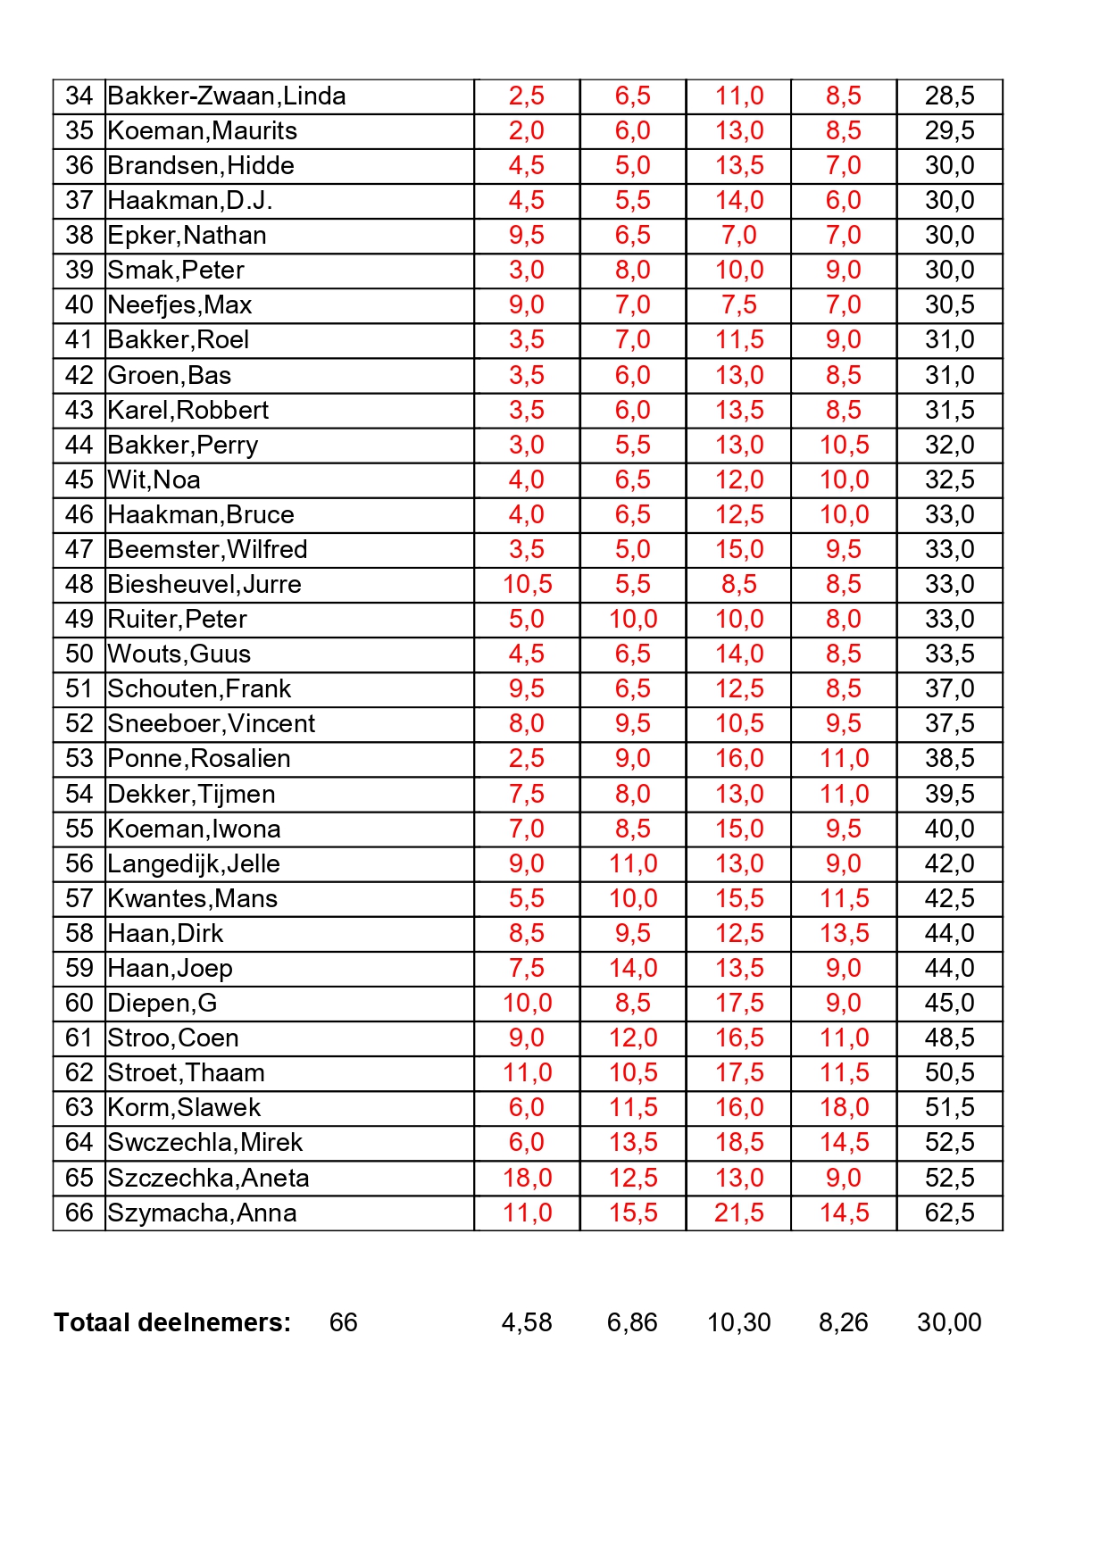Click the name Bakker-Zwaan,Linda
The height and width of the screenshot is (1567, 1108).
(226, 96)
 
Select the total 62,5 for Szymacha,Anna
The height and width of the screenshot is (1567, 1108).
(949, 1213)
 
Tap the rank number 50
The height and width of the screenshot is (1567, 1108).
(79, 654)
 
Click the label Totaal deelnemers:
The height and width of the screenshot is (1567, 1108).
(172, 1322)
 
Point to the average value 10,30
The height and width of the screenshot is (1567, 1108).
(738, 1322)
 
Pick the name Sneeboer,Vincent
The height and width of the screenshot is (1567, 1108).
(211, 724)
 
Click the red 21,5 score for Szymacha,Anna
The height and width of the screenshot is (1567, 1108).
(738, 1213)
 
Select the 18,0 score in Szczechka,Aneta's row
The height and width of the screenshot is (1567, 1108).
(527, 1179)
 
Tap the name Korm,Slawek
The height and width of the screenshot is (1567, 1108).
(184, 1108)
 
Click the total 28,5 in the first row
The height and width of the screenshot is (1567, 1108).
(949, 96)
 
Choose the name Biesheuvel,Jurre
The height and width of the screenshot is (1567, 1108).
(204, 585)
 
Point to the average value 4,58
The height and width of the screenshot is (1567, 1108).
(527, 1322)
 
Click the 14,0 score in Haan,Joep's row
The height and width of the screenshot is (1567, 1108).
(632, 969)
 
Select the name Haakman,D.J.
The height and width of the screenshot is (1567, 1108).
(189, 201)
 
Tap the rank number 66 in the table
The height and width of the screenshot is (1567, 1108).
(79, 1213)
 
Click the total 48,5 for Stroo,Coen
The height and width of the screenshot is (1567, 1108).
(949, 1038)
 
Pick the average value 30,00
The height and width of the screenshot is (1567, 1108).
(949, 1322)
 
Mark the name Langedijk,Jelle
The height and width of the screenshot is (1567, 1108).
(194, 864)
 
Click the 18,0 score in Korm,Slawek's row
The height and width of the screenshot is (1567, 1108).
(844, 1108)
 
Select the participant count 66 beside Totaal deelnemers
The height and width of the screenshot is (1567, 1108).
(343, 1322)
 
